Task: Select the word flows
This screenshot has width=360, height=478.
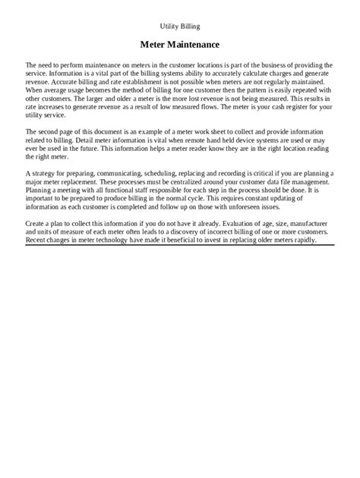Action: tap(218, 105)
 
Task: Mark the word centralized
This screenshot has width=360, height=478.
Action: tap(199, 182)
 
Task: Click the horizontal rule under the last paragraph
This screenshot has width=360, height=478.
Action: tap(179, 245)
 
